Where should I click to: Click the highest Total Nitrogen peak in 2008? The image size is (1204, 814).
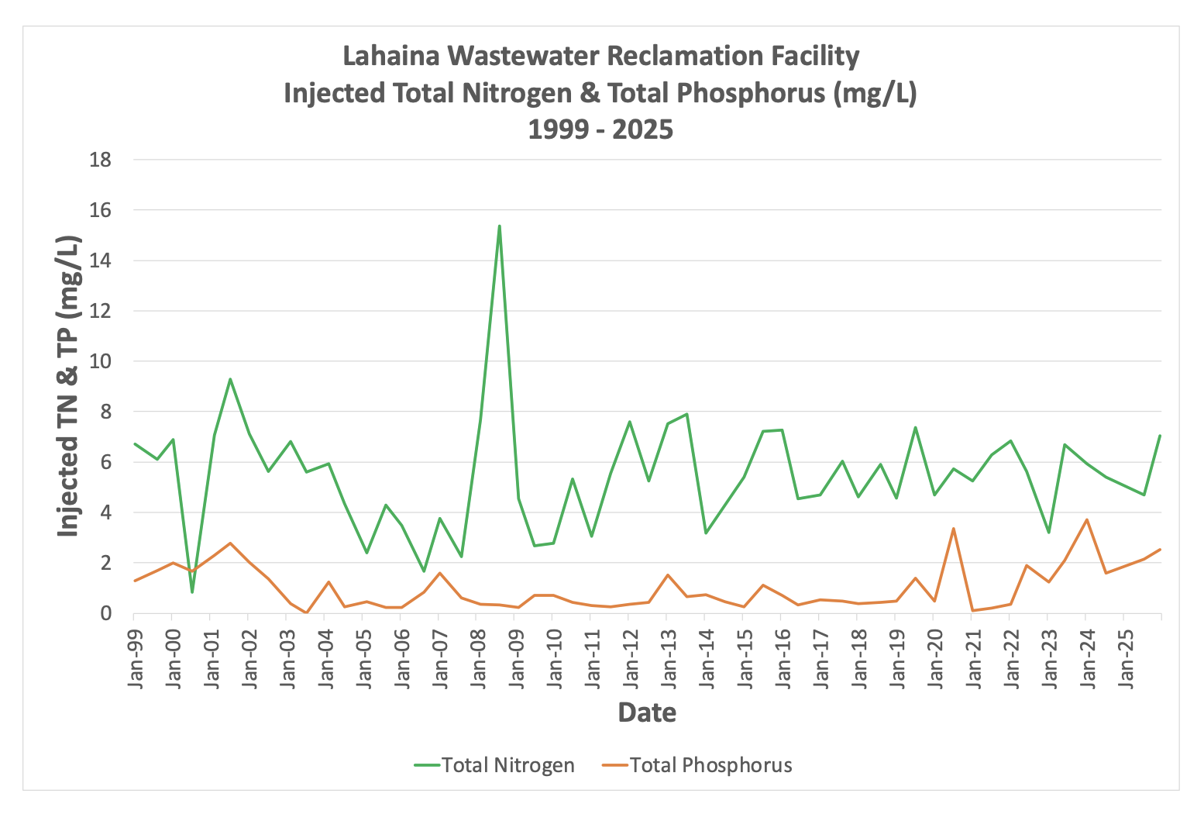[x=500, y=226]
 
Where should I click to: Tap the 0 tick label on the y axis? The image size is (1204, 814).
[x=106, y=613]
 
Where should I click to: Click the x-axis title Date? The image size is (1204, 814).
[x=647, y=712]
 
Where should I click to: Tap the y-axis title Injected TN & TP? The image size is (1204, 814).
[x=70, y=386]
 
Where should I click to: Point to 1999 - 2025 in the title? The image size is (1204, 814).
[x=600, y=129]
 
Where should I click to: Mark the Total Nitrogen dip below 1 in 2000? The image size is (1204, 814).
[x=192, y=592]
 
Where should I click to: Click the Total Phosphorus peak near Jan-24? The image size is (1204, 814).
[x=1087, y=519]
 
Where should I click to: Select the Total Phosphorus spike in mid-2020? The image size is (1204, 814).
[x=953, y=529]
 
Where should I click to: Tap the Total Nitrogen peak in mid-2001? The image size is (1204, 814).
[x=230, y=379]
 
